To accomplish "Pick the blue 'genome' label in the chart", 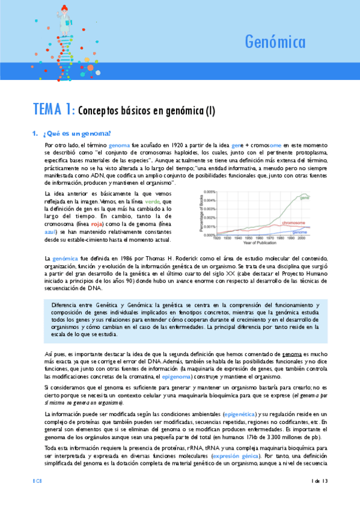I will pos(301,232).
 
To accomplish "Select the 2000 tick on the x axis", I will pos(300,238).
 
